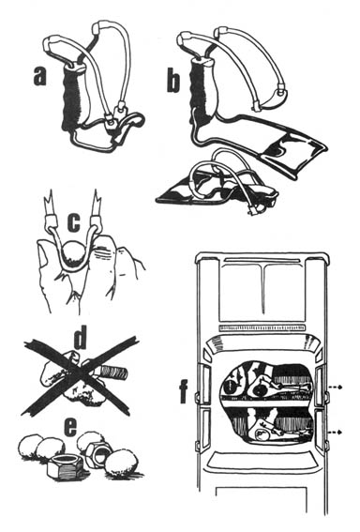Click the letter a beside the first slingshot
tap(40, 76)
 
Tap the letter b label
tap(172, 80)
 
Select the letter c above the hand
tap(75, 222)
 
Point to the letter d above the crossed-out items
tap(80, 337)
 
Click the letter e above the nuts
tap(71, 428)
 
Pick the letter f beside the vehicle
tap(185, 391)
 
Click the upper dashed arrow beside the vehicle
tap(335, 388)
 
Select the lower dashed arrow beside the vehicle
tap(335, 432)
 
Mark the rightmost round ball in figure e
tap(121, 464)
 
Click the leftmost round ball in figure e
tap(29, 448)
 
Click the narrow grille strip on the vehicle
tap(262, 327)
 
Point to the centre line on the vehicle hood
tap(263, 288)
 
